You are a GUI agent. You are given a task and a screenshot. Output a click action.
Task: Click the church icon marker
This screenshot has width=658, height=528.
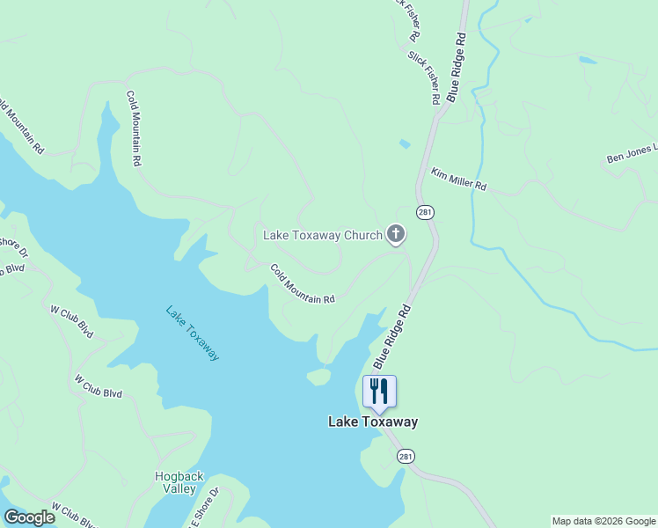(x=396, y=234)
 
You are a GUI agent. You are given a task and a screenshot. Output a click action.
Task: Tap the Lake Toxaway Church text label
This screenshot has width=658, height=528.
(x=323, y=235)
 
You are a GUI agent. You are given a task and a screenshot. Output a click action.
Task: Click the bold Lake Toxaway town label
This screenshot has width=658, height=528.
(x=373, y=422)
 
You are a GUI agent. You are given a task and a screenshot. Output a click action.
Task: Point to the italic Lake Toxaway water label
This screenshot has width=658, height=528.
(x=193, y=333)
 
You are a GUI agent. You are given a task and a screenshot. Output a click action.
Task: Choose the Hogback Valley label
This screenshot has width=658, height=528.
(x=179, y=482)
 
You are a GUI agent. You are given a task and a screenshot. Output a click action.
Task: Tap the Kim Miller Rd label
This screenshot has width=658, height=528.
(x=458, y=180)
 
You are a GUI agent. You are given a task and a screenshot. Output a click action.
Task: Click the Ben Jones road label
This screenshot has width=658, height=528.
(x=631, y=157)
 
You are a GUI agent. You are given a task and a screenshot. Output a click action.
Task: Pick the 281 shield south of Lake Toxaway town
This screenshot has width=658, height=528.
(x=405, y=456)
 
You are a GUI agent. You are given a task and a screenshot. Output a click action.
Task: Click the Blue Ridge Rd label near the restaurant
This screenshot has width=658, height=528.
(x=392, y=337)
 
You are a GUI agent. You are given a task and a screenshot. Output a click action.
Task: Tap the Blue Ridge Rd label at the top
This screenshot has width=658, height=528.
(x=457, y=68)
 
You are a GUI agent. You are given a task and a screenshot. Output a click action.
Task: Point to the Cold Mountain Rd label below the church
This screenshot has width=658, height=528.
(x=302, y=284)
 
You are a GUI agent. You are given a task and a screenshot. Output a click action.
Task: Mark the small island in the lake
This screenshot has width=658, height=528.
(x=318, y=377)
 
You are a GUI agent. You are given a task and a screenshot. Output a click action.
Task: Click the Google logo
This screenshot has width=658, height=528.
(x=29, y=517)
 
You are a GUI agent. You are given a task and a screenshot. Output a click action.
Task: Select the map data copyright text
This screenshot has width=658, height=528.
(x=603, y=521)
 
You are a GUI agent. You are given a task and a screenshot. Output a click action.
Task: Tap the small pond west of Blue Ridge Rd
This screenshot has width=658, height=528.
(x=404, y=143)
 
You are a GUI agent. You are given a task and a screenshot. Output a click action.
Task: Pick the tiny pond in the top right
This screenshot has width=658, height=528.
(x=587, y=60)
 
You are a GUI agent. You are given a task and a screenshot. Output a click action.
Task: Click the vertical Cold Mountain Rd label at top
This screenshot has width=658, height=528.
(x=133, y=129)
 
